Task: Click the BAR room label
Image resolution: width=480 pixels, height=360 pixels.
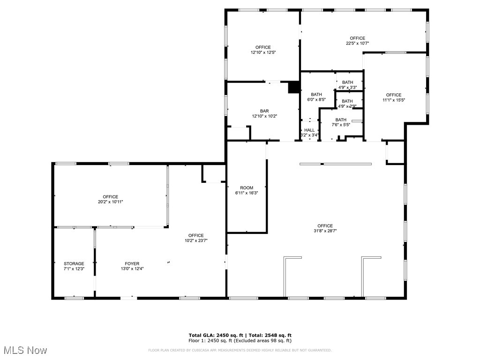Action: click(x=265, y=111)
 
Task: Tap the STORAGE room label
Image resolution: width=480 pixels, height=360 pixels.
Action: click(x=74, y=264)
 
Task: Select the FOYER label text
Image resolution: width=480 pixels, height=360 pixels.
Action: click(x=132, y=264)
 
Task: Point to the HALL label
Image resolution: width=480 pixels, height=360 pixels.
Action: click(x=309, y=130)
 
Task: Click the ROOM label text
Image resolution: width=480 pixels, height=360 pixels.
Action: click(x=247, y=188)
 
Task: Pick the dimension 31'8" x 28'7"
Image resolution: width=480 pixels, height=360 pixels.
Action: click(x=325, y=231)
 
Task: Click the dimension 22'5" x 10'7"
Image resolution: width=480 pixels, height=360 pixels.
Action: click(x=357, y=43)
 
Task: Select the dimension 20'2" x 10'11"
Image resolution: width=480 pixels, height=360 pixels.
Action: click(x=111, y=202)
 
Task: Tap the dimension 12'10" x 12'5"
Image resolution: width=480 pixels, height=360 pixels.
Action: click(x=263, y=52)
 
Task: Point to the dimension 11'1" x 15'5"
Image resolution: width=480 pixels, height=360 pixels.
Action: click(x=394, y=100)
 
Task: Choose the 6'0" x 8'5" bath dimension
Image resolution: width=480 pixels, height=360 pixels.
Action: click(x=316, y=99)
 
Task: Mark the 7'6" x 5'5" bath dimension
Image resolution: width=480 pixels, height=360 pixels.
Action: click(x=341, y=125)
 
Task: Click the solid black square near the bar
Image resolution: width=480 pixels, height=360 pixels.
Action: click(x=293, y=87)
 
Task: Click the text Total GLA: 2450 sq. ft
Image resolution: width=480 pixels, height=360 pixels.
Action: click(x=215, y=335)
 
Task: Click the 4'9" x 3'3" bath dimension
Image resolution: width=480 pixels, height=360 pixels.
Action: click(x=347, y=87)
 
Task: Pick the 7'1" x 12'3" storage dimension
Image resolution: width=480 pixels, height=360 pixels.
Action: click(x=74, y=269)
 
